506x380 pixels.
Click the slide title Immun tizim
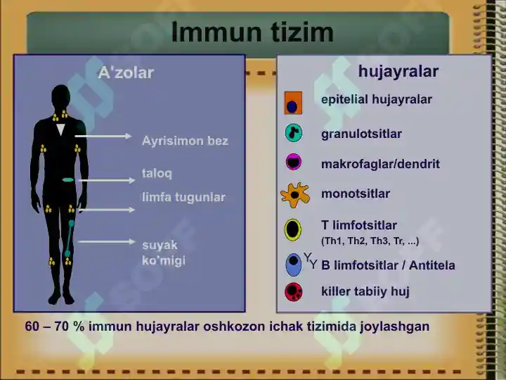[x=252, y=32]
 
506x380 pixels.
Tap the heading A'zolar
[x=126, y=72]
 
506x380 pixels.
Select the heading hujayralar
[x=398, y=72]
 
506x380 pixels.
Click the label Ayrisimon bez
[x=185, y=141]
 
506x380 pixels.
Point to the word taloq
[x=157, y=174]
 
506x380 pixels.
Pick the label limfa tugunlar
[x=183, y=197]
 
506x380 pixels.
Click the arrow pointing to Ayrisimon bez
[x=103, y=136]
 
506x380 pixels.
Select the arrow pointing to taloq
[x=107, y=180]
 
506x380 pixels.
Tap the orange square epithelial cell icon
[x=293, y=103]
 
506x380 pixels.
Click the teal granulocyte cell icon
[x=294, y=133]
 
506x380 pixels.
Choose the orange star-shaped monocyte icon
[x=295, y=195]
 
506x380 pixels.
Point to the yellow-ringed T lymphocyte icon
[x=292, y=229]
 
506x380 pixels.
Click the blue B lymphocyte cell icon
[x=293, y=265]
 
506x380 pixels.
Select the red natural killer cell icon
[x=294, y=292]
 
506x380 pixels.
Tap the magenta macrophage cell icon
[x=294, y=162]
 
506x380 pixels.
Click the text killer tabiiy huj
[x=365, y=291]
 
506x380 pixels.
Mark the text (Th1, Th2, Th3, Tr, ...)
[x=370, y=241]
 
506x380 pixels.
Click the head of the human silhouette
[x=60, y=96]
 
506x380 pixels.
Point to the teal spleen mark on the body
[x=68, y=179]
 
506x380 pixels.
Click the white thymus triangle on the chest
[x=60, y=129]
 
